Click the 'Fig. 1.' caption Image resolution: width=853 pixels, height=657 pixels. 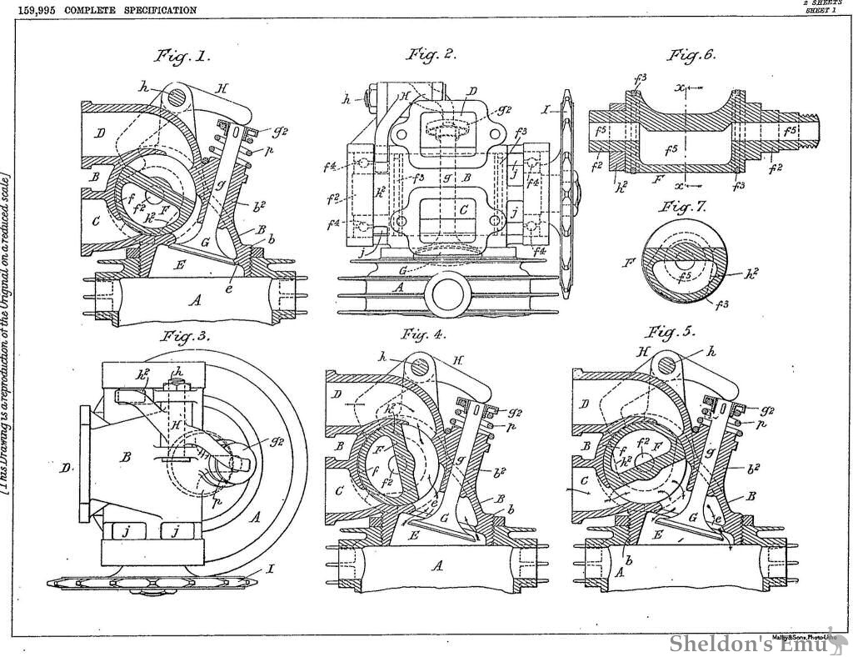(182, 58)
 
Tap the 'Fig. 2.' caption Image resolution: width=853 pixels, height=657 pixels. (431, 55)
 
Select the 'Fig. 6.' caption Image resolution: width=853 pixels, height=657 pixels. (691, 56)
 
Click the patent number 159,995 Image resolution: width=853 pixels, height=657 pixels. (26, 10)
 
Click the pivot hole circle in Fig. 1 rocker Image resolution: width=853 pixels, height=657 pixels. (177, 97)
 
